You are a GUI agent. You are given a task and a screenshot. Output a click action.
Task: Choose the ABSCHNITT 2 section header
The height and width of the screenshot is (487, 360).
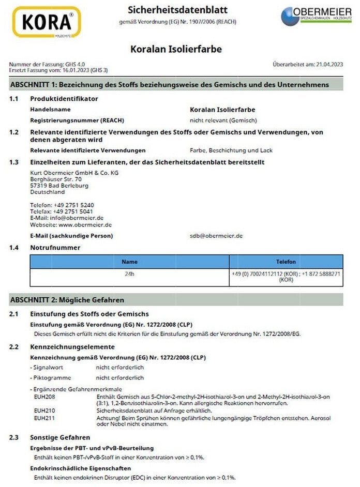(67, 299)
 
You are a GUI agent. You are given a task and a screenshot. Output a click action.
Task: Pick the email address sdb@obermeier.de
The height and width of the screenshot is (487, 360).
(216, 235)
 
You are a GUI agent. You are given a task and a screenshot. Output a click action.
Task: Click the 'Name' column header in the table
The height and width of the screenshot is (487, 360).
(130, 262)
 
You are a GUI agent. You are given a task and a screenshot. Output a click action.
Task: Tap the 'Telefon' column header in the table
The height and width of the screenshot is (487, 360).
(286, 262)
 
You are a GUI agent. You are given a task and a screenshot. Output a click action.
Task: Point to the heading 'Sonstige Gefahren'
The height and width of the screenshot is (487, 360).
(60, 437)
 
